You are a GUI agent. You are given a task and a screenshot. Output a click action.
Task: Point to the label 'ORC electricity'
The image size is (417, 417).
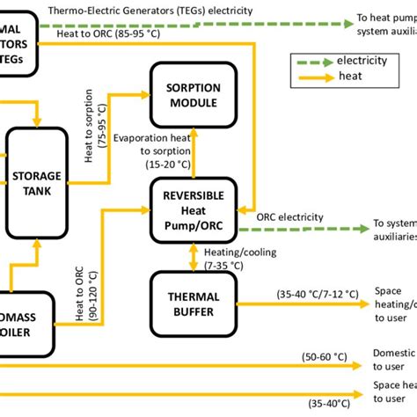290,217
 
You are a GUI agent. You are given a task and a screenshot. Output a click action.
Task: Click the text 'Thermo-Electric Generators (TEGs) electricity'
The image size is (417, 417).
150,11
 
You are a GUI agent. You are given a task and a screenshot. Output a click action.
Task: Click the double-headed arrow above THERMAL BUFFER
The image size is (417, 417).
194,255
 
